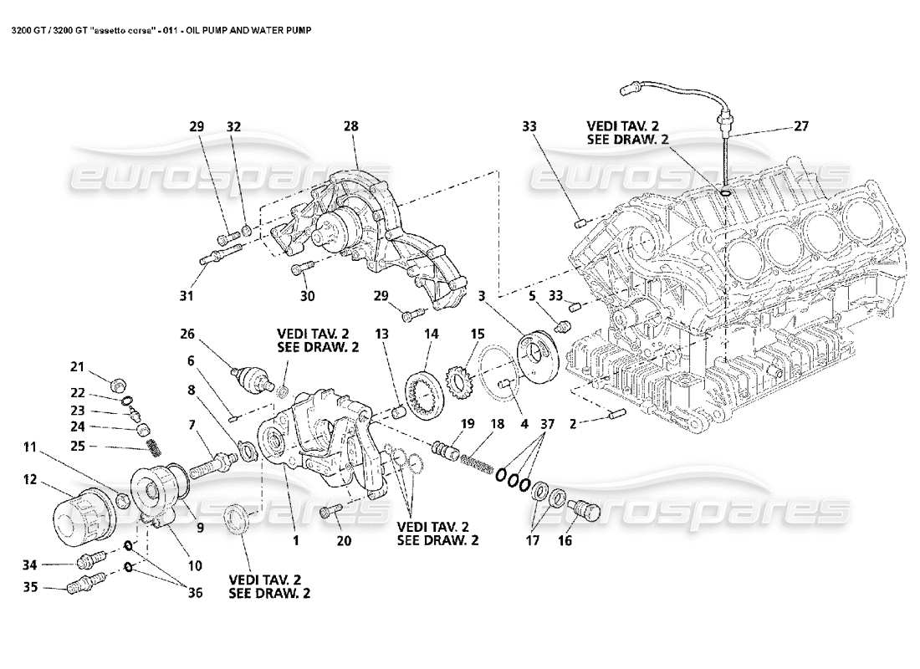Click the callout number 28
(350, 126)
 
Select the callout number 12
(30, 480)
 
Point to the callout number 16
(565, 540)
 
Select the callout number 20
(344, 540)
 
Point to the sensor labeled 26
(250, 377)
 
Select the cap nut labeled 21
(118, 385)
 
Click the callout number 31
(186, 296)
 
